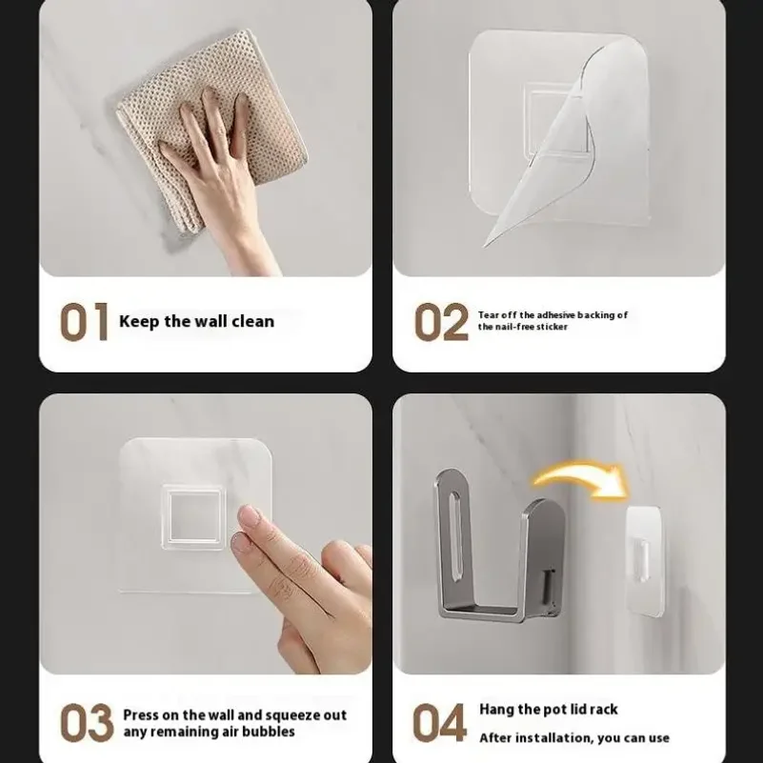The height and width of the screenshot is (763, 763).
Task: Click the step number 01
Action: coord(84,322)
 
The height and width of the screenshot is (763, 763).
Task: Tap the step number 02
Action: coord(441,322)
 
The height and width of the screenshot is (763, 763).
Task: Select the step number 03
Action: coord(87,723)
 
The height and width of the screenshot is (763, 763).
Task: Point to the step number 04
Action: coord(439,723)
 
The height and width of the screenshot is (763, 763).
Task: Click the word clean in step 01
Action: coord(253,321)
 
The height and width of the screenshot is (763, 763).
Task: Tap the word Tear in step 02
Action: coord(489,315)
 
